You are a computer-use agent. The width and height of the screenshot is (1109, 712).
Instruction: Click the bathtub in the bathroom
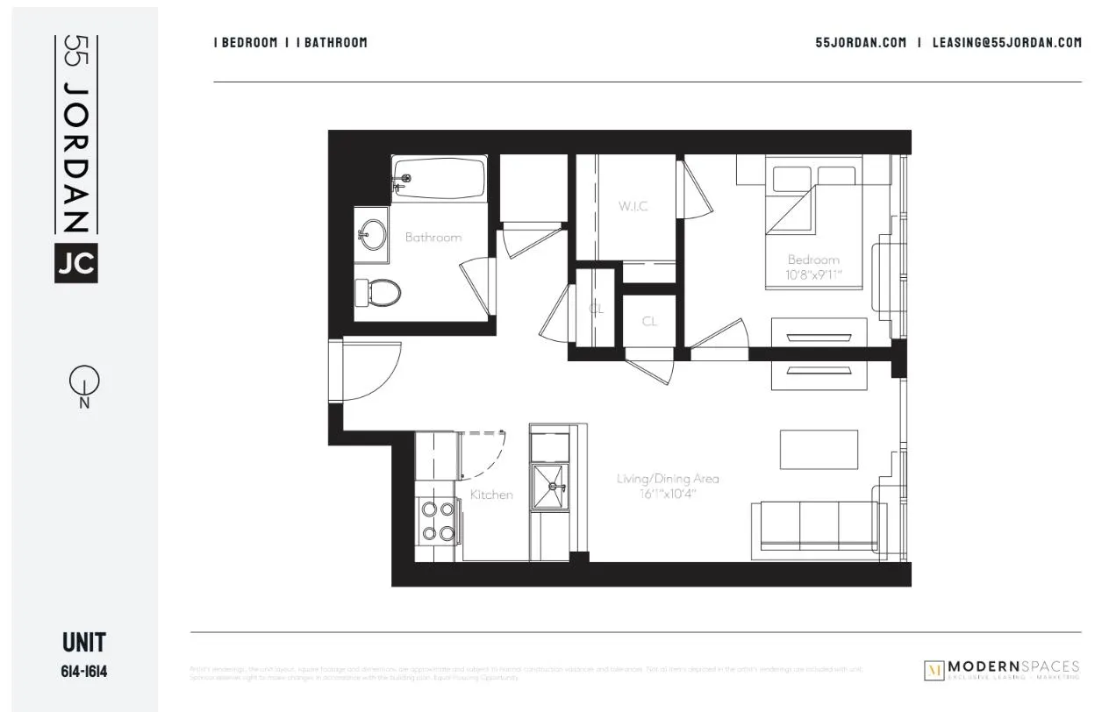coord(439,179)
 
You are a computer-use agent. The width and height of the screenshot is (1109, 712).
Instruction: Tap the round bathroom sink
coord(372,234)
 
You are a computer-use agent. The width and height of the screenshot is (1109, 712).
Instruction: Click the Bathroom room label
coord(433,237)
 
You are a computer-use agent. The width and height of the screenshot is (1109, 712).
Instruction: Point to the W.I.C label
coord(633,206)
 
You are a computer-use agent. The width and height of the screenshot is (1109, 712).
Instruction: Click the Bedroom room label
coord(813,260)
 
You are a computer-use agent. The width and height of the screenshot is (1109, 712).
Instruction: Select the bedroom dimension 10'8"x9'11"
coord(814,274)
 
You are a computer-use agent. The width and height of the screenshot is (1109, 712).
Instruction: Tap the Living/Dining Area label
coord(668,479)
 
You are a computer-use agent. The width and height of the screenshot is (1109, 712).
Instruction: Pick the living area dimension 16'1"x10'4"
coord(668,494)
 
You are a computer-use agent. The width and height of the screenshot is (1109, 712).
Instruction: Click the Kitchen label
coord(491,495)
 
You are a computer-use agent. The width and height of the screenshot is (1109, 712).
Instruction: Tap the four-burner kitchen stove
coord(437,520)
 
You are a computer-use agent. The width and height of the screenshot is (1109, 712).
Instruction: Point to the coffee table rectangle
coord(819,449)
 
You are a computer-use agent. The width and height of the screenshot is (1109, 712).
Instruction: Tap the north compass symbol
coord(84,382)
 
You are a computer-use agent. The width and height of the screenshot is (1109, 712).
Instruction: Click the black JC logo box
coord(76,262)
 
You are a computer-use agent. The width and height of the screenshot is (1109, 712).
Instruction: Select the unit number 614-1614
coord(84,673)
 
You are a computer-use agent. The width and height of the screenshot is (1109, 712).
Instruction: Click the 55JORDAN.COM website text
coord(861,42)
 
